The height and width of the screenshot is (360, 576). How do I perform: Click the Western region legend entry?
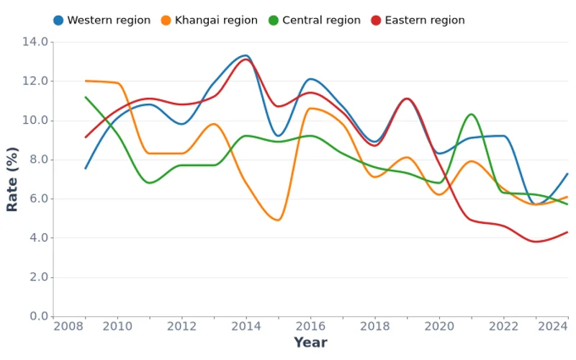[102, 20]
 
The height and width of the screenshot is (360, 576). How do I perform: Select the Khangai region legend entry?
[208, 20]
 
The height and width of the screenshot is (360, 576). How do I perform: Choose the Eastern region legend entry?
[418, 20]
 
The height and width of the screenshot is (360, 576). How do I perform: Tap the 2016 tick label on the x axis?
[310, 327]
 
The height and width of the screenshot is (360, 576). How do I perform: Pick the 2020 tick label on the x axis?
[439, 327]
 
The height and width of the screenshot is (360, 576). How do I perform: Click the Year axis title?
[310, 343]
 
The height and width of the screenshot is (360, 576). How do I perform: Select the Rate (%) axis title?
[12, 179]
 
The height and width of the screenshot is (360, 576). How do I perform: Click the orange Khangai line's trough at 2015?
[278, 220]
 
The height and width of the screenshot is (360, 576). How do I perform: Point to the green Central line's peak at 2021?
[471, 114]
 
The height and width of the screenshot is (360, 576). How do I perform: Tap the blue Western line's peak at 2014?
[245, 55]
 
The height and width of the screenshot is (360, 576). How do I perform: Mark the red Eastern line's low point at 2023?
[536, 241]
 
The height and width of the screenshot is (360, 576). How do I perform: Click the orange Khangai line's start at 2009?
[86, 81]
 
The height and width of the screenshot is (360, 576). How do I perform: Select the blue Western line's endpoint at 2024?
[568, 174]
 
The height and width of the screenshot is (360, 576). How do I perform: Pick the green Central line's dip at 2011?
[150, 183]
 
